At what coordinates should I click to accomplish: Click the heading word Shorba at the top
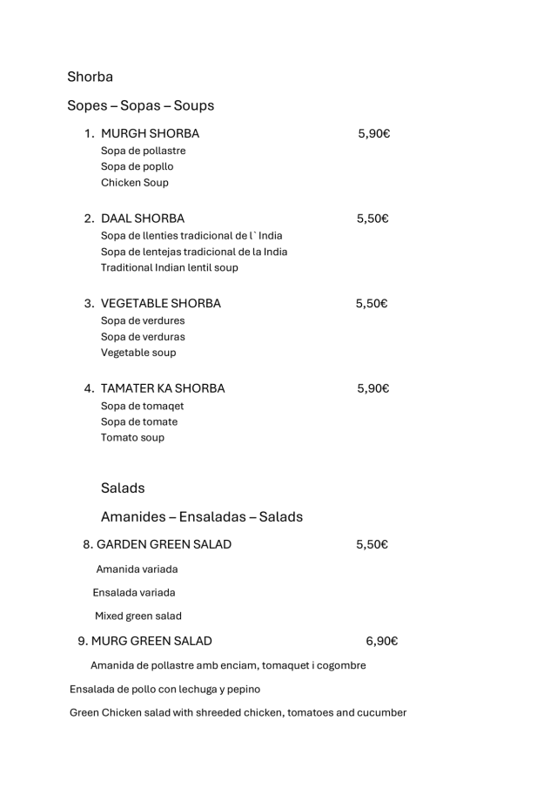click(x=90, y=77)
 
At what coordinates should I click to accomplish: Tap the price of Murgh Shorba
click(x=373, y=134)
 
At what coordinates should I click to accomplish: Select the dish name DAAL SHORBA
click(x=143, y=219)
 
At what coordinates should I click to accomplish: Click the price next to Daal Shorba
click(x=372, y=219)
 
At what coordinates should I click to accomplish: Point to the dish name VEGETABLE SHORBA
click(x=161, y=304)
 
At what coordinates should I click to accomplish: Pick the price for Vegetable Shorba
click(x=372, y=304)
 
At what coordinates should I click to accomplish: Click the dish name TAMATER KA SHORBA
click(x=163, y=388)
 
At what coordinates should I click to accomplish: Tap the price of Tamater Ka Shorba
click(x=373, y=388)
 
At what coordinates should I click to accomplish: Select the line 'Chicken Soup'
click(x=135, y=183)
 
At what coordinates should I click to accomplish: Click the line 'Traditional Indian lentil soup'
click(x=169, y=267)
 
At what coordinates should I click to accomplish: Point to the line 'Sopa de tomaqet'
click(x=143, y=406)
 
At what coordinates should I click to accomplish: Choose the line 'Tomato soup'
click(x=132, y=438)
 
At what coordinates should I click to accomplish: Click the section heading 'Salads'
click(x=123, y=488)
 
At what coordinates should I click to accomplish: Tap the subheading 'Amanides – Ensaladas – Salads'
click(x=202, y=516)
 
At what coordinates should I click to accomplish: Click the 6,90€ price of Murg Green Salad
click(x=382, y=642)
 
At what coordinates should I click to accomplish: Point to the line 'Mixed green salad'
click(x=138, y=616)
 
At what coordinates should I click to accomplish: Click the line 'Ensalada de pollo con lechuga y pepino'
click(x=164, y=690)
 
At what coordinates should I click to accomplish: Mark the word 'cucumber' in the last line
click(x=379, y=712)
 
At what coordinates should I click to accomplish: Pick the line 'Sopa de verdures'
click(x=143, y=320)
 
